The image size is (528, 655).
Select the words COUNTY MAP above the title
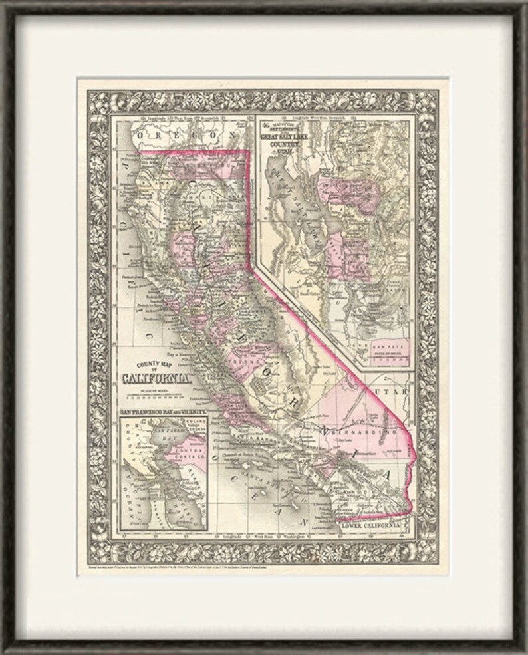[x=154, y=365]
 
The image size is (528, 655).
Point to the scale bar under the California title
[x=154, y=396]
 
